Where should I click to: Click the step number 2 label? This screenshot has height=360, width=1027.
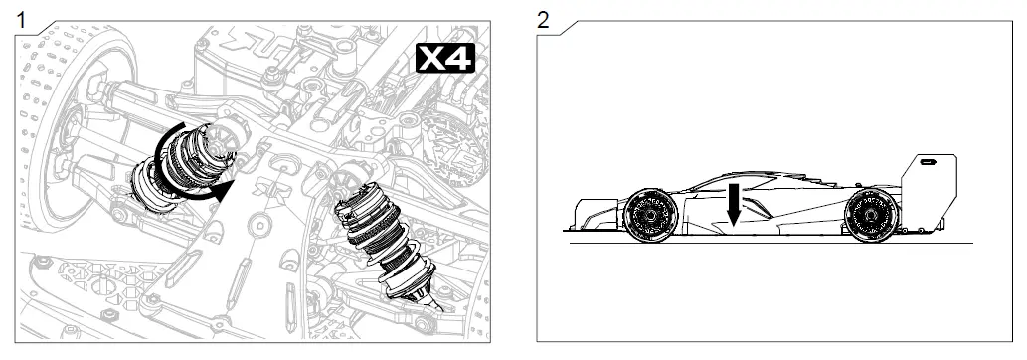coord(543,19)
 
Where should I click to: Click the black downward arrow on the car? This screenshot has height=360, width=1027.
coord(733,205)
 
